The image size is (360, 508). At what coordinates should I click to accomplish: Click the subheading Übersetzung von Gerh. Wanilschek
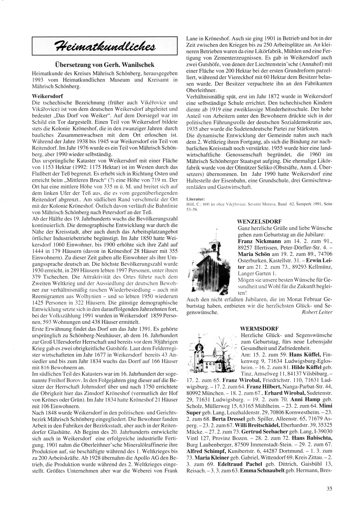(105, 65)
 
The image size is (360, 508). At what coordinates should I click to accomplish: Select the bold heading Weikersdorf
(48, 96)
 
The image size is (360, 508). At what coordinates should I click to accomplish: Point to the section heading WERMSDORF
(256, 329)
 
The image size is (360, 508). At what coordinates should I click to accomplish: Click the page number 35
(329, 488)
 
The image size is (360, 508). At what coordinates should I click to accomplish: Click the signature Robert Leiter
(318, 312)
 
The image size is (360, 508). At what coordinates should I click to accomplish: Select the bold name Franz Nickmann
(257, 241)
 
